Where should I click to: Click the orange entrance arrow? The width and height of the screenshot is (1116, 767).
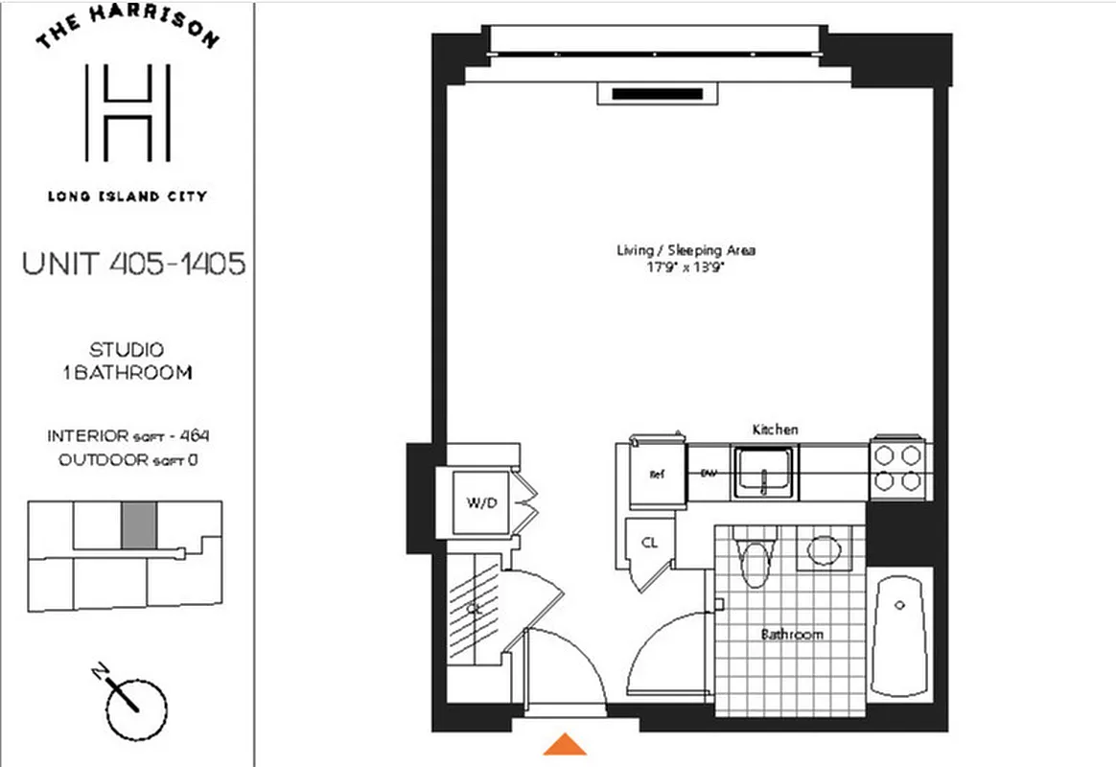(x=566, y=744)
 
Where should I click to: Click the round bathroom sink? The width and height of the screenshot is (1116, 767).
(x=824, y=549)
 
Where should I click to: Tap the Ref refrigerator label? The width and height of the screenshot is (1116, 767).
(x=658, y=474)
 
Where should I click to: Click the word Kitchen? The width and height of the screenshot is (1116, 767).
(x=775, y=430)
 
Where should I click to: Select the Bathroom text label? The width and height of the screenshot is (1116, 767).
(x=792, y=635)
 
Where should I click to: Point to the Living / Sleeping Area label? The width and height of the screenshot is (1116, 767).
(x=686, y=250)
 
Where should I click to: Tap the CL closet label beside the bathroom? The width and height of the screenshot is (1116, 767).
(x=649, y=543)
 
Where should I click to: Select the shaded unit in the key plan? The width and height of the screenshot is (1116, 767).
(x=136, y=525)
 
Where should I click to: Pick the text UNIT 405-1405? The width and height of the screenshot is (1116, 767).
(x=133, y=264)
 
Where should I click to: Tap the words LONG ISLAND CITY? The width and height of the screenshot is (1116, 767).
(x=128, y=197)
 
